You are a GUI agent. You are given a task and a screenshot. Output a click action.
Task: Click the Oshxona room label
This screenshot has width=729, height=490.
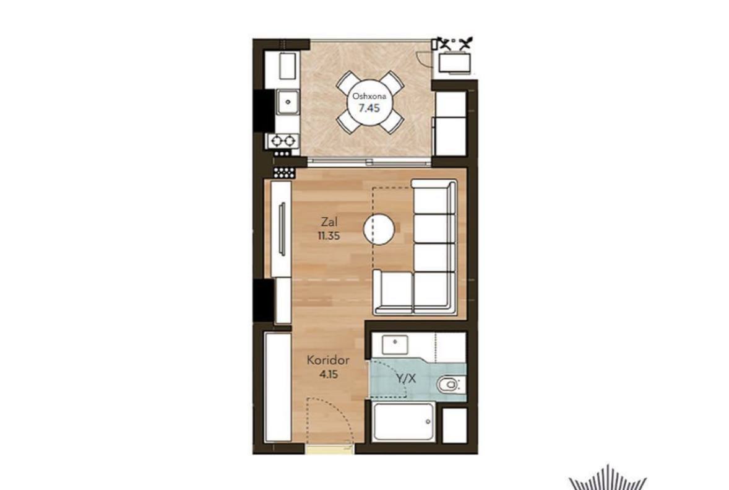pyautogui.click(x=369, y=96)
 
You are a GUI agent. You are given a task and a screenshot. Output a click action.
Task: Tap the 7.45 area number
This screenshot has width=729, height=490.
pyautogui.click(x=369, y=108)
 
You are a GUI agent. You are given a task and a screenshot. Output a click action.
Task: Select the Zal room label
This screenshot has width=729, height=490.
pyautogui.click(x=329, y=222)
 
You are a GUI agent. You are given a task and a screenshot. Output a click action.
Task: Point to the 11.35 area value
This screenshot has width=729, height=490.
pyautogui.click(x=329, y=236)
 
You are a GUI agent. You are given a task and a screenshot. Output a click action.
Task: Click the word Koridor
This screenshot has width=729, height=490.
pyautogui.click(x=328, y=360)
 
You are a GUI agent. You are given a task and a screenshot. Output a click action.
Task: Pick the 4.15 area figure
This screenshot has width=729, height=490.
pyautogui.click(x=329, y=374)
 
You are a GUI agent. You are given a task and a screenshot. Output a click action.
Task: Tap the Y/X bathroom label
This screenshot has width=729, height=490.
pyautogui.click(x=406, y=378)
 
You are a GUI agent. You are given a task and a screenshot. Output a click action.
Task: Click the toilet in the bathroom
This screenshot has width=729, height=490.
pyautogui.click(x=449, y=385)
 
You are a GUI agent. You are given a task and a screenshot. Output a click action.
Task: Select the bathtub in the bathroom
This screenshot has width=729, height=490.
pyautogui.click(x=403, y=422)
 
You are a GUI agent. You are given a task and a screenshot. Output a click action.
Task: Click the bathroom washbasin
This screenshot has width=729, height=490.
pyautogui.click(x=395, y=344)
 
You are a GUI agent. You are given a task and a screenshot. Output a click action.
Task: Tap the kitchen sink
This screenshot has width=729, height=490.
pyautogui.click(x=288, y=102)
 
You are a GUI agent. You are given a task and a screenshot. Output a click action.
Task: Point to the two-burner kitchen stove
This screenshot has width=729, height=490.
pyautogui.click(x=283, y=140)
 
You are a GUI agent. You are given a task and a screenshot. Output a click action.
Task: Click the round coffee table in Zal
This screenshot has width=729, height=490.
pyautogui.click(x=379, y=229)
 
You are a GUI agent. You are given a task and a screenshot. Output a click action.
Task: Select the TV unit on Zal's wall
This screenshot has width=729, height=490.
pyautogui.click(x=282, y=229)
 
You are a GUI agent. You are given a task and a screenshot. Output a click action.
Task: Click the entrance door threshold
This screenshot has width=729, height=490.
pyautogui.click(x=330, y=448)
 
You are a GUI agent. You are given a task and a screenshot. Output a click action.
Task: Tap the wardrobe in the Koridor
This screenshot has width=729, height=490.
pyautogui.click(x=278, y=386)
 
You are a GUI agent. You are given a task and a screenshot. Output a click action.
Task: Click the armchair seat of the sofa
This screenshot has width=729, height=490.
pyautogui.click(x=393, y=292)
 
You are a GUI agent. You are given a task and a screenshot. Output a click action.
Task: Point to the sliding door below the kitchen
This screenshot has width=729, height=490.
pyautogui.click(x=369, y=162)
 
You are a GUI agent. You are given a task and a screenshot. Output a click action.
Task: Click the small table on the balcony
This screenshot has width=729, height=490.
pyautogui.click(x=455, y=63)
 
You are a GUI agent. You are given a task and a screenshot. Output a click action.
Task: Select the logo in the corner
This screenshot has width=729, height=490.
pyautogui.click(x=608, y=478)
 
